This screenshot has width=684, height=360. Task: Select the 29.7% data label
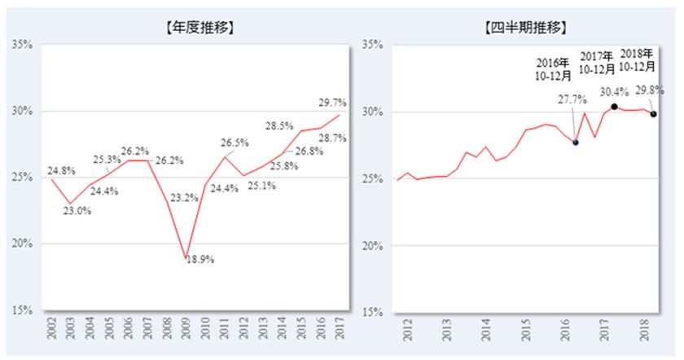point(332,103)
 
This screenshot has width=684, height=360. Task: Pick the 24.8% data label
point(63,170)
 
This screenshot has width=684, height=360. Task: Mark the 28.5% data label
point(281,126)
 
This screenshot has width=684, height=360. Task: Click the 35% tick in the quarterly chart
point(371,44)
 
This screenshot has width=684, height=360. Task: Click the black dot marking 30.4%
point(614,107)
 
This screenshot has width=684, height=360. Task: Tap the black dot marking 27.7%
point(576,143)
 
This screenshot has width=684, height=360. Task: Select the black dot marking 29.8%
point(653,114)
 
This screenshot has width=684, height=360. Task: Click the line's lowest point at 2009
point(186,257)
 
